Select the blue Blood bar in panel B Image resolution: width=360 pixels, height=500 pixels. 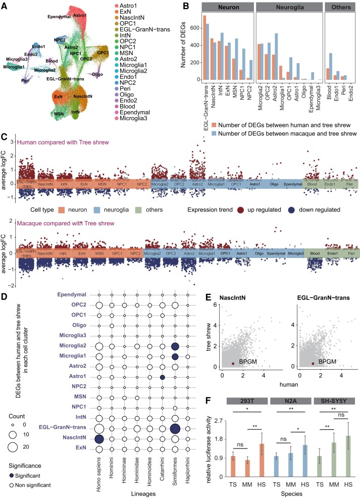click(x=334, y=66)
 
